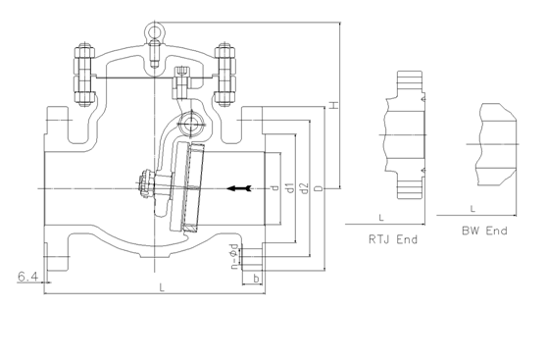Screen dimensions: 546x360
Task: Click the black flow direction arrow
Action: tap(239, 188)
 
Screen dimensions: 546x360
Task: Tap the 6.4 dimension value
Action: tap(27, 277)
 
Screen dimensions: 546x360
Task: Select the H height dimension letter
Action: tap(334, 105)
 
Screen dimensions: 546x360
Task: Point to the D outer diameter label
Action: tap(319, 188)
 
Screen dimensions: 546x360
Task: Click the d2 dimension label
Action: tap(304, 188)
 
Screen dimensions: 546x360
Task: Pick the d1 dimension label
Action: tap(290, 187)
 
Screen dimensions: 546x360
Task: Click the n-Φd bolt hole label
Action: tap(234, 256)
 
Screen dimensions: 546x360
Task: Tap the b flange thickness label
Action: tap(256, 279)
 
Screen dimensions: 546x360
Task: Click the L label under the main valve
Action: tap(162, 287)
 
